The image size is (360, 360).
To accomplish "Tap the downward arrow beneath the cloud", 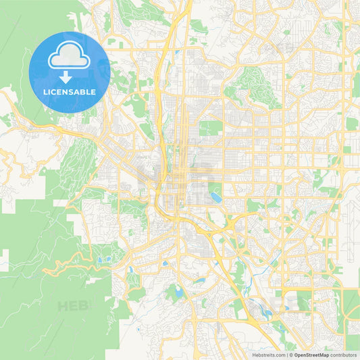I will tap(69, 76).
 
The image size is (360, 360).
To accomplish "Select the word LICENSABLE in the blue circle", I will tap(69, 92).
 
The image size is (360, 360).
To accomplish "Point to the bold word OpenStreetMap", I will tap(311, 354).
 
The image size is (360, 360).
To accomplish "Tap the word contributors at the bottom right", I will tap(343, 354).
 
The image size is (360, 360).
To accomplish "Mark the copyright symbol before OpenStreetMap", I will tap(290, 354).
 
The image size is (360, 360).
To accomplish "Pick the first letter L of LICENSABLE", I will tap(45, 92).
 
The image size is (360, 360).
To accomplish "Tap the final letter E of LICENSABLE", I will tap(93, 92).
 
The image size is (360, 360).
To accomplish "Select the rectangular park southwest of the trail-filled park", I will tap(211, 127).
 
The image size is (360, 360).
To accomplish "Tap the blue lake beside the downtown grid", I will tap(215, 197).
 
